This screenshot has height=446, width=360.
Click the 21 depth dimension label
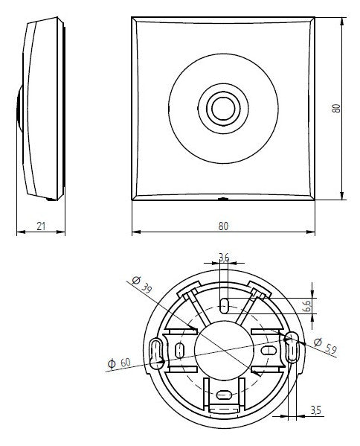point(41,226)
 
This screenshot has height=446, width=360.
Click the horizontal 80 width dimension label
point(223,226)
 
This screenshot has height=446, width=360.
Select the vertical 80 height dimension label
point(336,109)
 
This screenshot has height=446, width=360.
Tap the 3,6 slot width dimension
point(224,258)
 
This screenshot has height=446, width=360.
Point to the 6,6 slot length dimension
point(307,306)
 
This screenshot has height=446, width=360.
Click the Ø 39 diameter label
point(142,284)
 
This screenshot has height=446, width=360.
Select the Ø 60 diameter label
point(119,363)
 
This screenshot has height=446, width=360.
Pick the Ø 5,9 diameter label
point(326,345)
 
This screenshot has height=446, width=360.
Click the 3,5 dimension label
point(315,410)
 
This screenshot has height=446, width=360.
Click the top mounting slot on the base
point(225,305)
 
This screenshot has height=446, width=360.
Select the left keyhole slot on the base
point(155,354)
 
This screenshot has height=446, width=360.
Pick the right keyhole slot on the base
point(292,347)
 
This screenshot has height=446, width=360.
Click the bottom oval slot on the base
point(225,395)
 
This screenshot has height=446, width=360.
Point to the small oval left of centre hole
point(179,351)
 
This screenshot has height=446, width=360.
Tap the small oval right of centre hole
point(269,350)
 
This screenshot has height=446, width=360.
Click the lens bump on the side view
point(19,108)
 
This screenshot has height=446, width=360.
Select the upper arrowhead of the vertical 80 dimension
point(342,22)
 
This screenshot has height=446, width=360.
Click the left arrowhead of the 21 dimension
point(21,232)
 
